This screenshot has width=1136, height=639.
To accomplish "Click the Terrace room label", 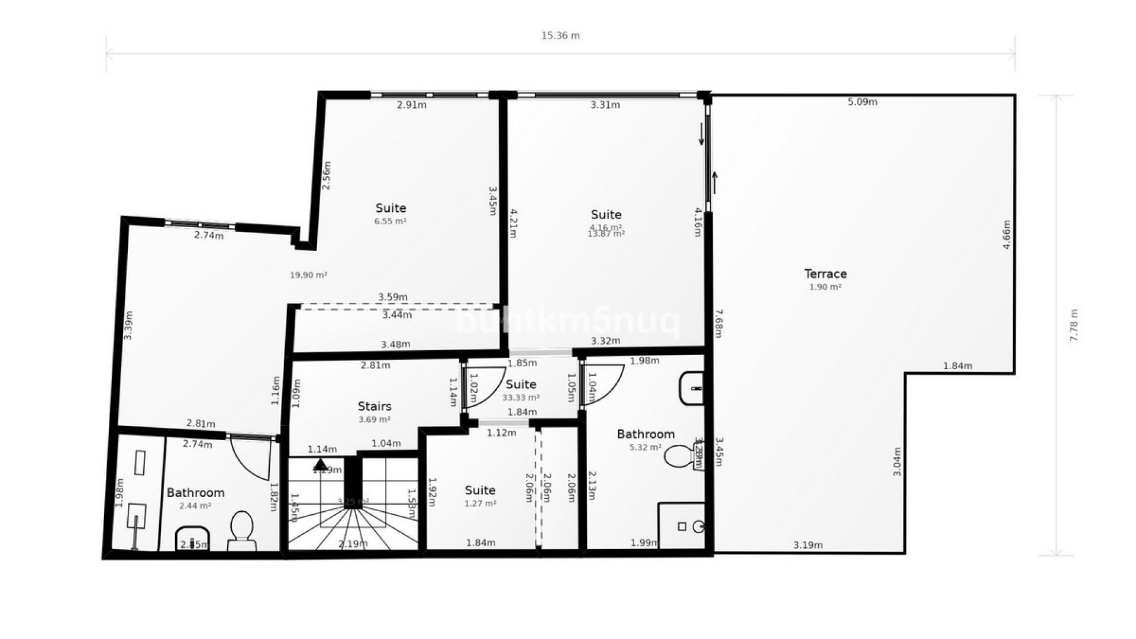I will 825,274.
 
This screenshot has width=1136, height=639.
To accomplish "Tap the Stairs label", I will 375,406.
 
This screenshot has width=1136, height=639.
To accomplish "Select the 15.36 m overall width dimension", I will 560,35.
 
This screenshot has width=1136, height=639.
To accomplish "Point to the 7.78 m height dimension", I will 1074,325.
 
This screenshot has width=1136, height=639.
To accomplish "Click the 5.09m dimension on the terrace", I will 862,102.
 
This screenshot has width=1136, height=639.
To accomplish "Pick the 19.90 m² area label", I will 308,275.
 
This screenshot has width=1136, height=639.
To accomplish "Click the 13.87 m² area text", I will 606,234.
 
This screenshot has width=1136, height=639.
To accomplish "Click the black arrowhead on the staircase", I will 320,464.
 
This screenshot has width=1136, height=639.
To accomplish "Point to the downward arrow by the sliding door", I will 702,134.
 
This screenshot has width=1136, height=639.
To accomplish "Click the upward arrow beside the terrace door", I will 715,182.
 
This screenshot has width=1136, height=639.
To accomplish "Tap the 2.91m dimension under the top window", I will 411,105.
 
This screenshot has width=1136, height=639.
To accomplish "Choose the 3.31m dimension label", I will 605,105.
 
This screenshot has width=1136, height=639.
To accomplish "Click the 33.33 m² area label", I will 521,398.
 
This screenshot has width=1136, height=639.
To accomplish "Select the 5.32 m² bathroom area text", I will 645,448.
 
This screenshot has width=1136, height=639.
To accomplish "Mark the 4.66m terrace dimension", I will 1006,234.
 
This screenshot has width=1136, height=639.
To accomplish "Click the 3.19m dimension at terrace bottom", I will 808,546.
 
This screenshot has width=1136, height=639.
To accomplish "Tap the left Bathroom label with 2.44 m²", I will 195,493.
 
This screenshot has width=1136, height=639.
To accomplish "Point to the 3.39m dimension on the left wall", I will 128,325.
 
